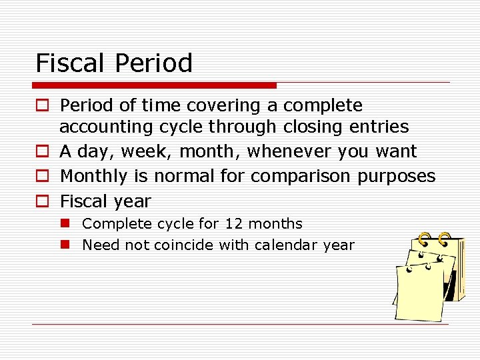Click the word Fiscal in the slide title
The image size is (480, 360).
(71, 63)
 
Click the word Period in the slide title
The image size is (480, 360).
(154, 63)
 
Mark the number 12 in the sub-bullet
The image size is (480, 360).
(234, 224)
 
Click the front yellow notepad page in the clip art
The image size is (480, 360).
(418, 293)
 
